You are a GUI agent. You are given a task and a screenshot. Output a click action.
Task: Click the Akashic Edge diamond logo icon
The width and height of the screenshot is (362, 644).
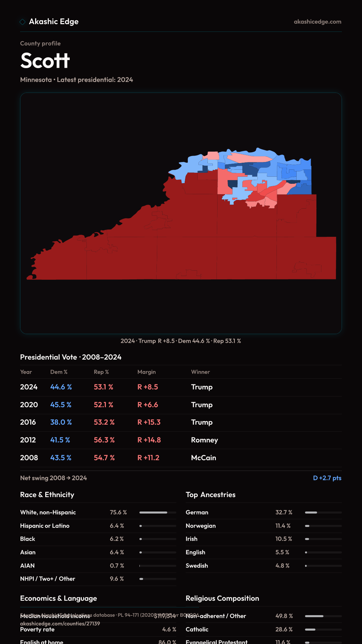(x=22, y=22)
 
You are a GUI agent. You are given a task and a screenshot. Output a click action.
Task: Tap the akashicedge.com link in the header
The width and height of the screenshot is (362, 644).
(x=317, y=22)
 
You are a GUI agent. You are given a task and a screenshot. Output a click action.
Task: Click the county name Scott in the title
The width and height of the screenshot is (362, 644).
(x=45, y=61)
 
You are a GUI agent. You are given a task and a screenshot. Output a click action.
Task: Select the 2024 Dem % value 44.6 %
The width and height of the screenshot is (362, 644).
(x=61, y=387)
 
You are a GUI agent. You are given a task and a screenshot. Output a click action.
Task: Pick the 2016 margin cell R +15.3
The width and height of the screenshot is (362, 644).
(x=149, y=422)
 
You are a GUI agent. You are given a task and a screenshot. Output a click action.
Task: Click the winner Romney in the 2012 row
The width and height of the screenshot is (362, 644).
(x=204, y=440)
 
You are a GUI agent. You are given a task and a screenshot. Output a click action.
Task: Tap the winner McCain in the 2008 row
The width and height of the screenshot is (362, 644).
(x=203, y=458)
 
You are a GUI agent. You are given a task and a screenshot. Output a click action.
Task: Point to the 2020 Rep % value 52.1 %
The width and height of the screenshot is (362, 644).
(x=103, y=405)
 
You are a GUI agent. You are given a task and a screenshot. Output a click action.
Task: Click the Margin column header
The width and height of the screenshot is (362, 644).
(x=146, y=372)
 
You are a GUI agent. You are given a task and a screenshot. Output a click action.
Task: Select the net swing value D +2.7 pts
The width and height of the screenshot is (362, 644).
(x=327, y=478)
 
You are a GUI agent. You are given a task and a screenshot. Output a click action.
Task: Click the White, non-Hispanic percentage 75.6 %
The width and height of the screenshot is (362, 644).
(x=118, y=513)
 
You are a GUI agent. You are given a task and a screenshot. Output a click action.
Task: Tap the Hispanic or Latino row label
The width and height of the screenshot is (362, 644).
(x=45, y=526)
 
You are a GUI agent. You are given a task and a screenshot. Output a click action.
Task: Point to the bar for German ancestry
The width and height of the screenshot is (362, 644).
(x=323, y=513)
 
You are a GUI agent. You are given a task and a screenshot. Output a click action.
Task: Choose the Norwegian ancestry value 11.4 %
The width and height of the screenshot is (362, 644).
(x=283, y=526)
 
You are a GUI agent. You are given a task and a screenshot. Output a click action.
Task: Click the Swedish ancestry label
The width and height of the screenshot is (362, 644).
(x=197, y=566)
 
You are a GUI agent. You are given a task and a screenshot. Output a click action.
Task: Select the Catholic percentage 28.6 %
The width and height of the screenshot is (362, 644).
(x=284, y=630)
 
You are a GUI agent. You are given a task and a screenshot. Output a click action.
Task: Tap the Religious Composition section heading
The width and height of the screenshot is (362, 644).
(x=222, y=598)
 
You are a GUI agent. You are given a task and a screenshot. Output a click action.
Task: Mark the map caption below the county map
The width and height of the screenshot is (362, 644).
(x=181, y=341)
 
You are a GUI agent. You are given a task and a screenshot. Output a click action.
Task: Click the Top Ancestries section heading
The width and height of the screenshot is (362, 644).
(x=210, y=495)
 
